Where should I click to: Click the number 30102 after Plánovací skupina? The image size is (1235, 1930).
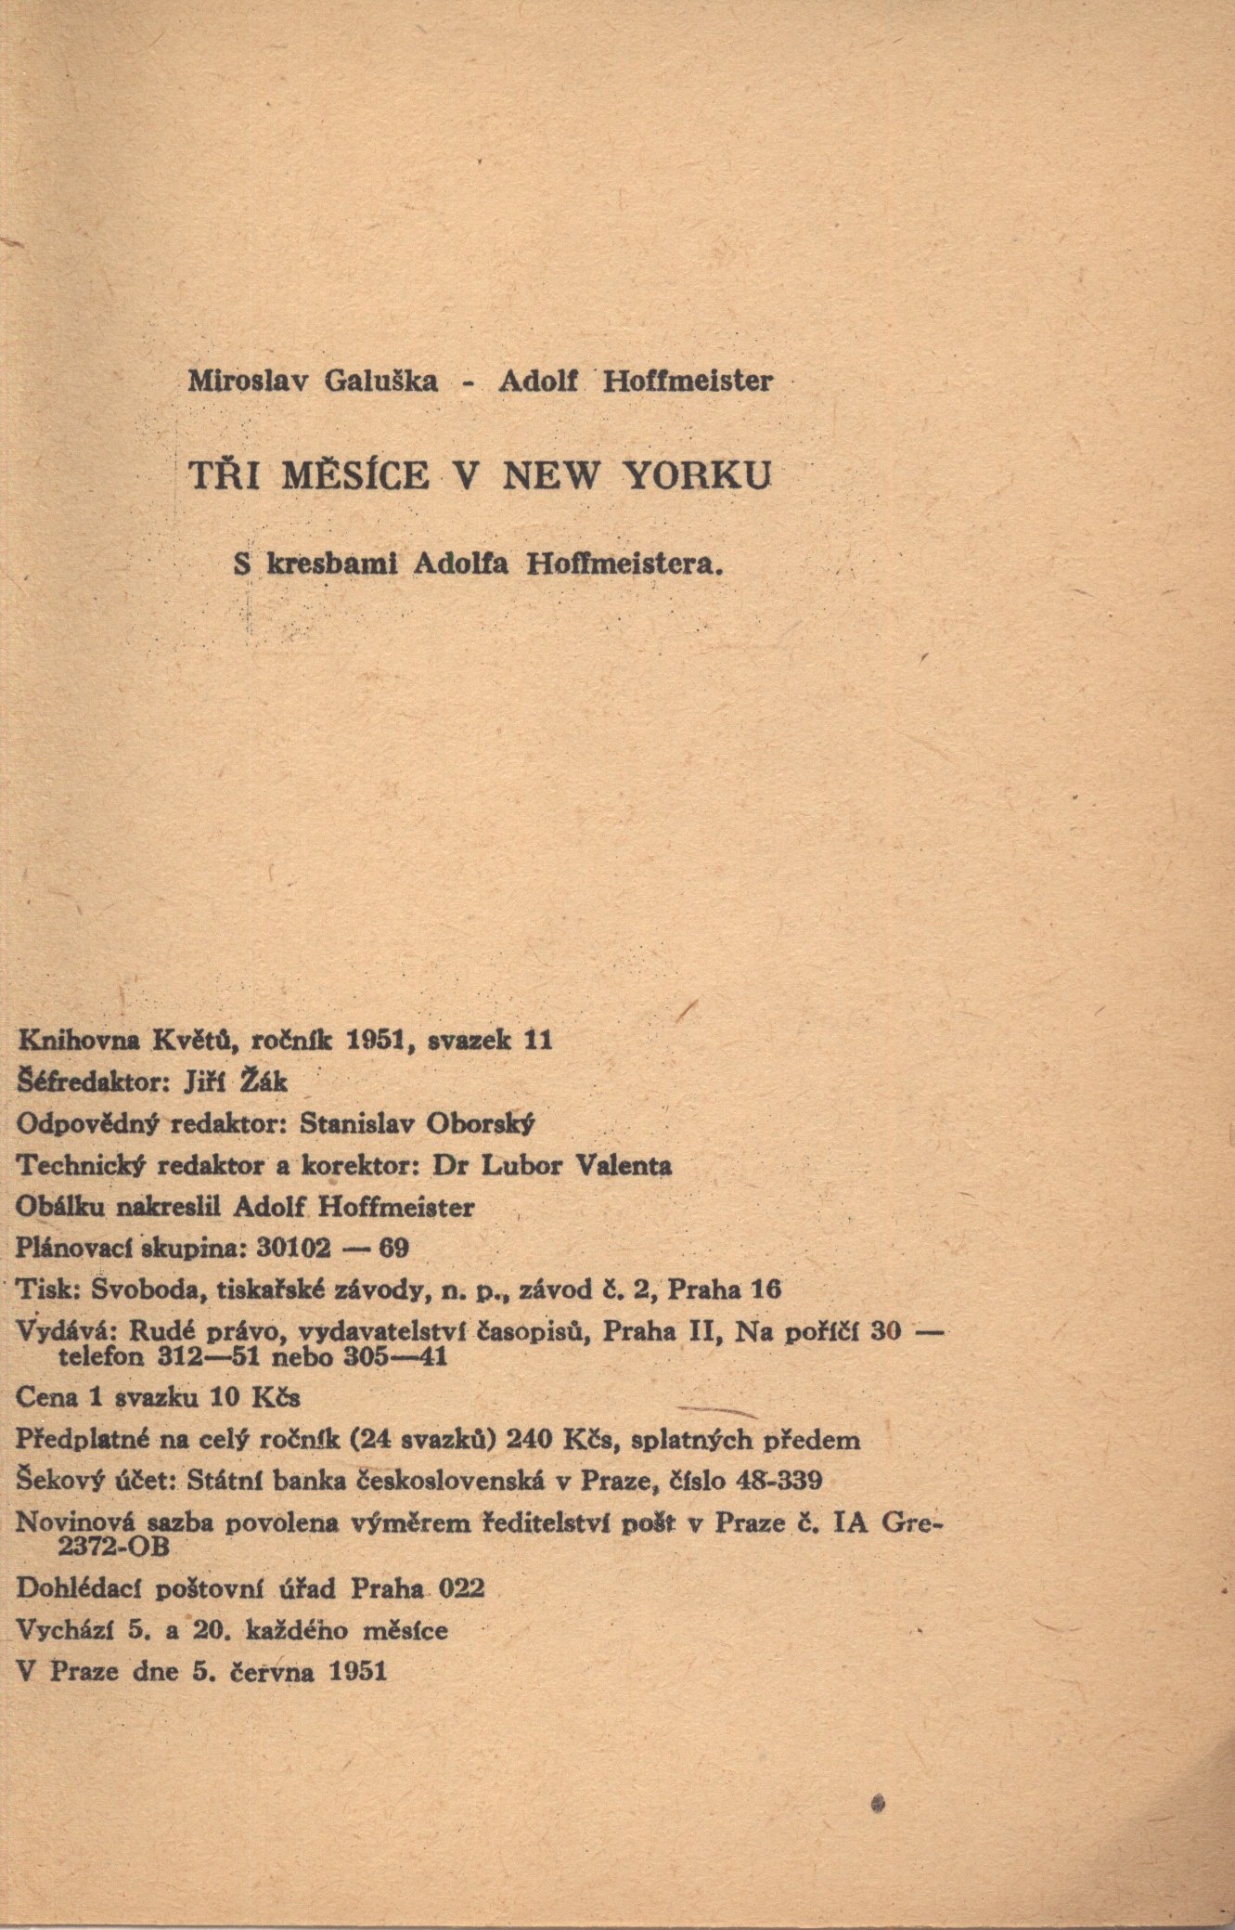click(293, 1248)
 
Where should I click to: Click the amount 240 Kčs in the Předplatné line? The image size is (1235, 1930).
click(556, 1440)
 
